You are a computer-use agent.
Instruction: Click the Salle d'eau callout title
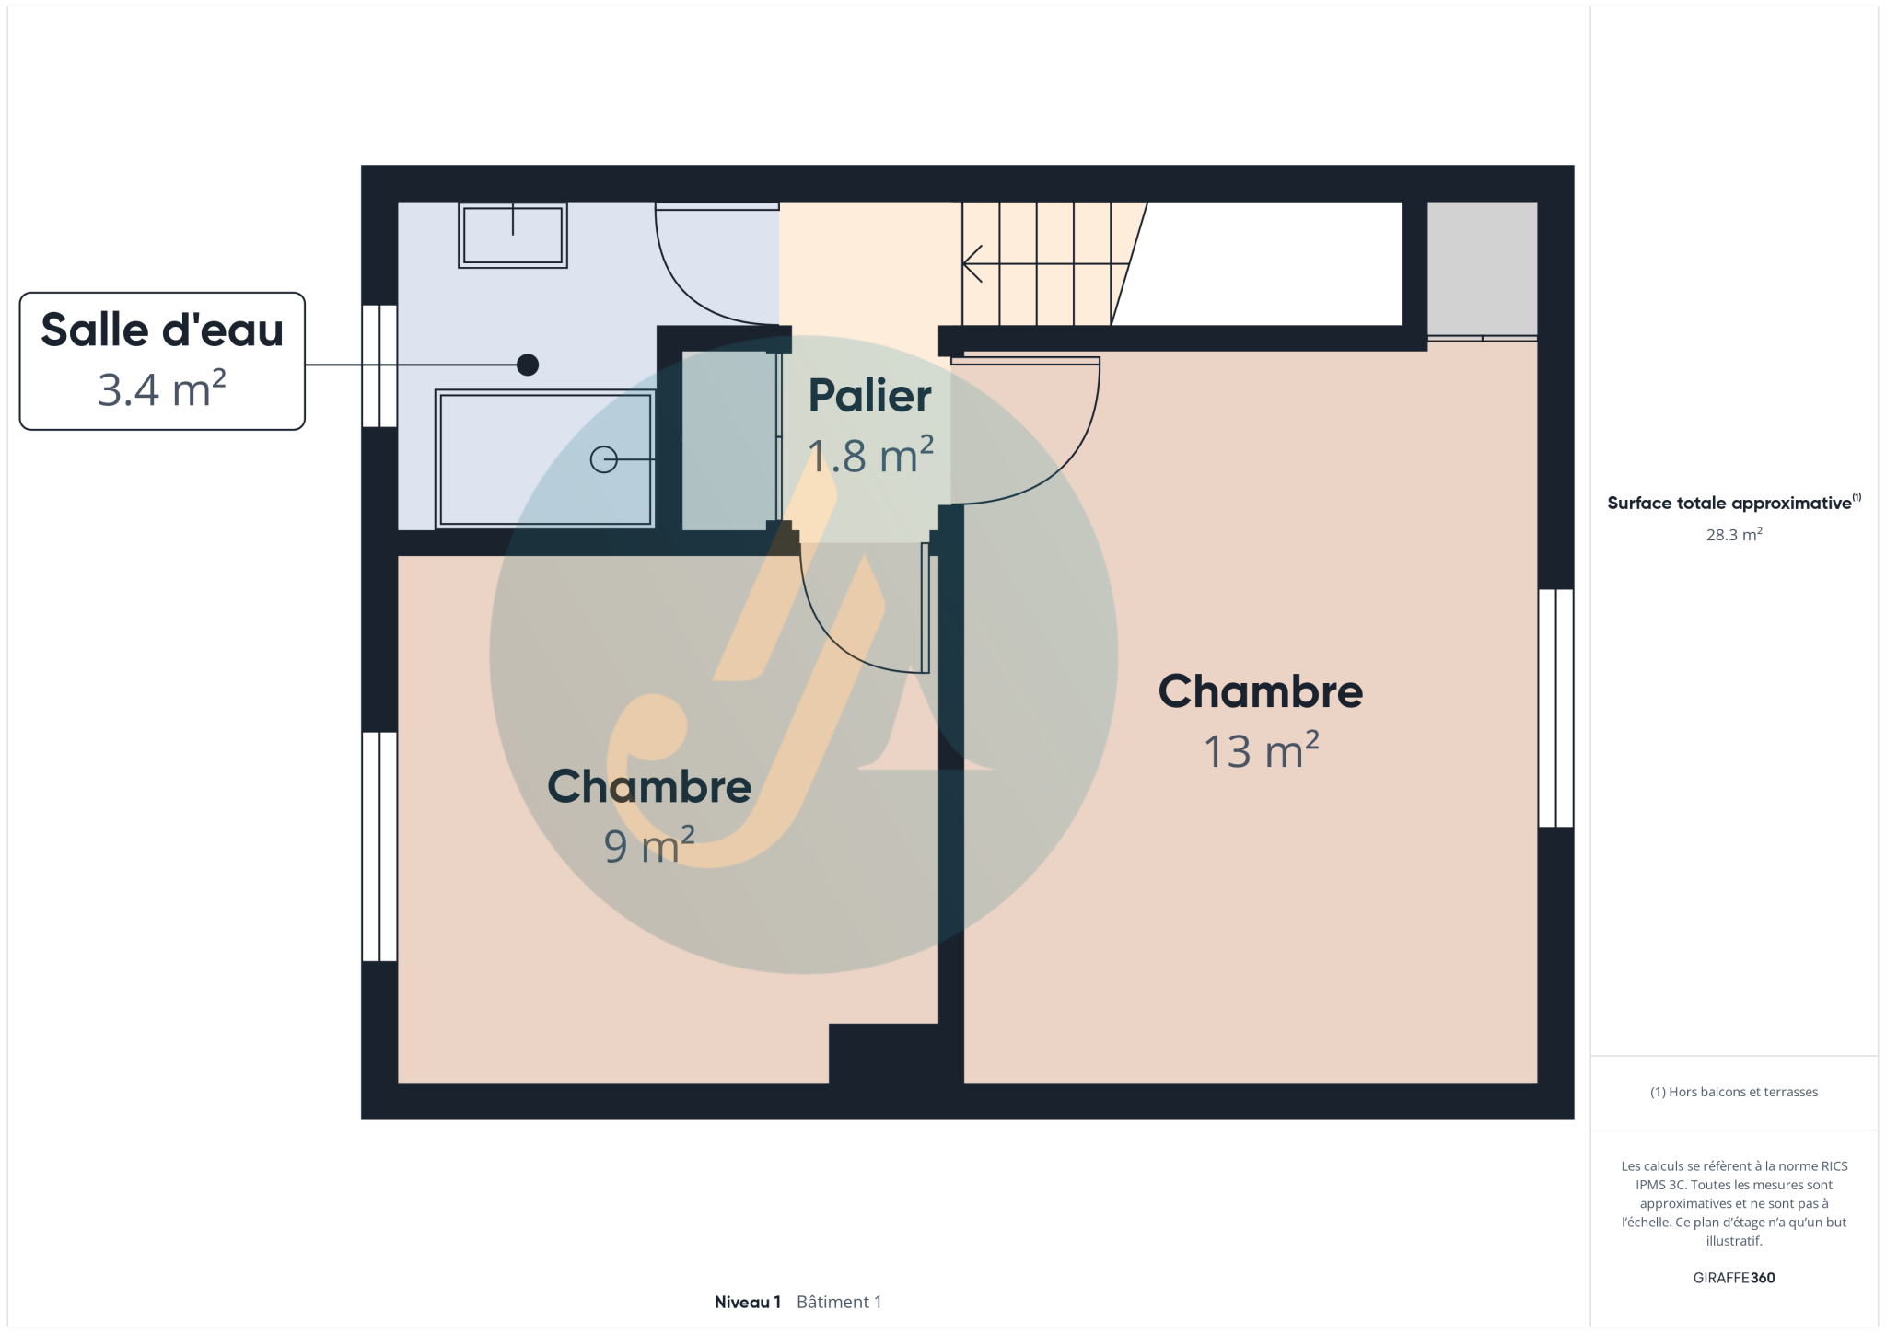point(162,330)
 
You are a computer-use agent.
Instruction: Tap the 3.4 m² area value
point(162,388)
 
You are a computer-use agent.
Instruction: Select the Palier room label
point(870,397)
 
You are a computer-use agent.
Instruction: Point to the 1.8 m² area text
point(870,456)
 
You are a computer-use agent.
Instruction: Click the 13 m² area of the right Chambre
point(1261,750)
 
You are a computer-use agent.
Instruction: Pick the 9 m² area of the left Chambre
point(649,845)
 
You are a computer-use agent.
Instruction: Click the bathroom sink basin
point(513,235)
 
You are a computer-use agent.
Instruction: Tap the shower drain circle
point(603,459)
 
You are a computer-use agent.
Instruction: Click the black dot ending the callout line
point(528,365)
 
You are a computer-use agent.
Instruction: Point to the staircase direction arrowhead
point(972,264)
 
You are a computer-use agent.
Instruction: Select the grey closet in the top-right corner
point(1482,268)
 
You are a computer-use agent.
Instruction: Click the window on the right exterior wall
point(1556,708)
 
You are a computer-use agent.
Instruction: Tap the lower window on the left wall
point(379,847)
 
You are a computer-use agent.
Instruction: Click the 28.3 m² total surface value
point(1734,535)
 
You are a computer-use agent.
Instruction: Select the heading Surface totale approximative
point(1729,504)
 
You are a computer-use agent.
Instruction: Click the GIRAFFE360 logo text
point(1734,1278)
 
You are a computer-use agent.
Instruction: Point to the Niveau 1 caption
point(748,1302)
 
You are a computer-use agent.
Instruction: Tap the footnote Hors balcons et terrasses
point(1734,1092)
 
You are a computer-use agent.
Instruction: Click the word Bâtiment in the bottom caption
point(832,1302)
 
